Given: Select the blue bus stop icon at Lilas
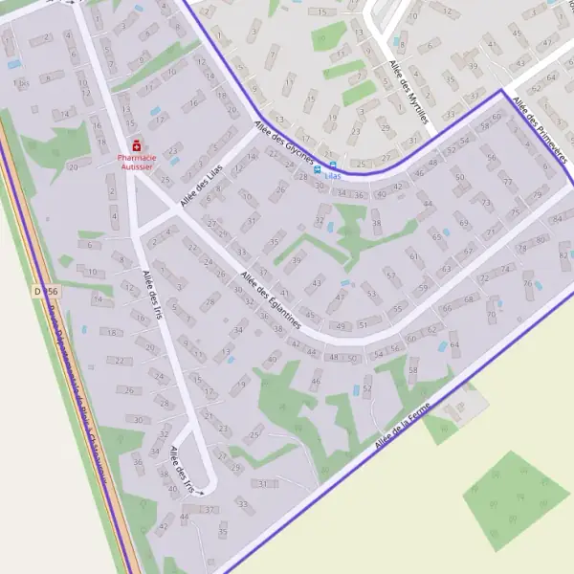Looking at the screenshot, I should click(332, 166).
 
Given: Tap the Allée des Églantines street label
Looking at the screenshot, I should click(272, 299).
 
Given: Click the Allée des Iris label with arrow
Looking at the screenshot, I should click(184, 470).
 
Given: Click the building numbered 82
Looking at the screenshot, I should click(563, 255).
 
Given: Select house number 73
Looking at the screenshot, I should click(486, 203).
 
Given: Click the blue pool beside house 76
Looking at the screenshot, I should click(538, 284).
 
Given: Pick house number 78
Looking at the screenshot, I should click(522, 249).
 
